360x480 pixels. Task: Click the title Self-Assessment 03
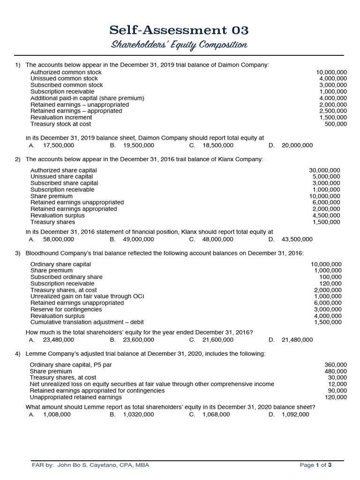click(179, 30)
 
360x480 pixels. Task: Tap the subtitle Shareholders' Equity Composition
click(179, 45)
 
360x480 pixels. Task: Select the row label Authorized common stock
click(66, 72)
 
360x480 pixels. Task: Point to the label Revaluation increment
click(61, 117)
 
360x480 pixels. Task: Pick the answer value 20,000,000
click(297, 145)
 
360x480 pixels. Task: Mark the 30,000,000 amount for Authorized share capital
click(325, 170)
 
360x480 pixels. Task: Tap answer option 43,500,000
click(297, 239)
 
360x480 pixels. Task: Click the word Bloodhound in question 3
click(46, 253)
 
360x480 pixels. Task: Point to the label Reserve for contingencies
click(66, 309)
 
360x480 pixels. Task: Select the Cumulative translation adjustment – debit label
click(87, 322)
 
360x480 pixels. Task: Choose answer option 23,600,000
click(138, 339)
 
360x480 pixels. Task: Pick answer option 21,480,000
click(297, 339)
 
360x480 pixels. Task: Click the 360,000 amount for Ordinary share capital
click(336, 365)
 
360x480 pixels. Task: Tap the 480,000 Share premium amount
click(336, 371)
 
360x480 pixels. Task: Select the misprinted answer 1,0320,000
click(140, 414)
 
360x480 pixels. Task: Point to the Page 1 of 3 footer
click(315, 465)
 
